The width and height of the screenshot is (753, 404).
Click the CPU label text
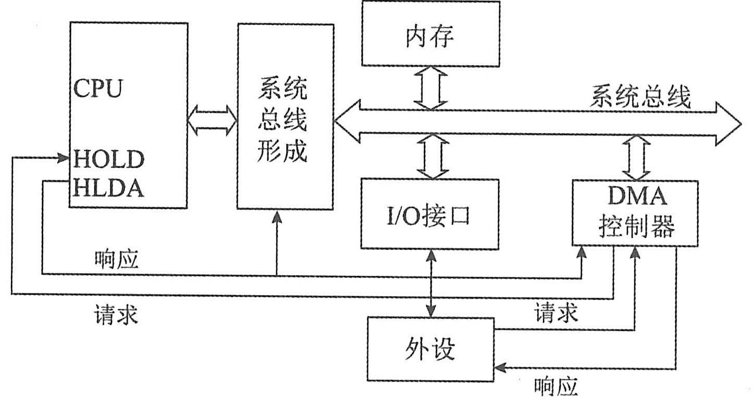tap(98, 89)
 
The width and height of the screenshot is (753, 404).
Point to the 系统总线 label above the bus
tap(640, 97)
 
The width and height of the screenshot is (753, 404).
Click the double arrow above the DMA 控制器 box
tap(636, 157)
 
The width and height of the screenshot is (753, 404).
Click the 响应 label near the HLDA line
tap(117, 259)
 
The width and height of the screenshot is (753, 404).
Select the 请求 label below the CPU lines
tap(116, 314)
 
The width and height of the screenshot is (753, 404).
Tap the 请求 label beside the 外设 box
tap(556, 313)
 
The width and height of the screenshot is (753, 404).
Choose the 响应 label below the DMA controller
tap(556, 386)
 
